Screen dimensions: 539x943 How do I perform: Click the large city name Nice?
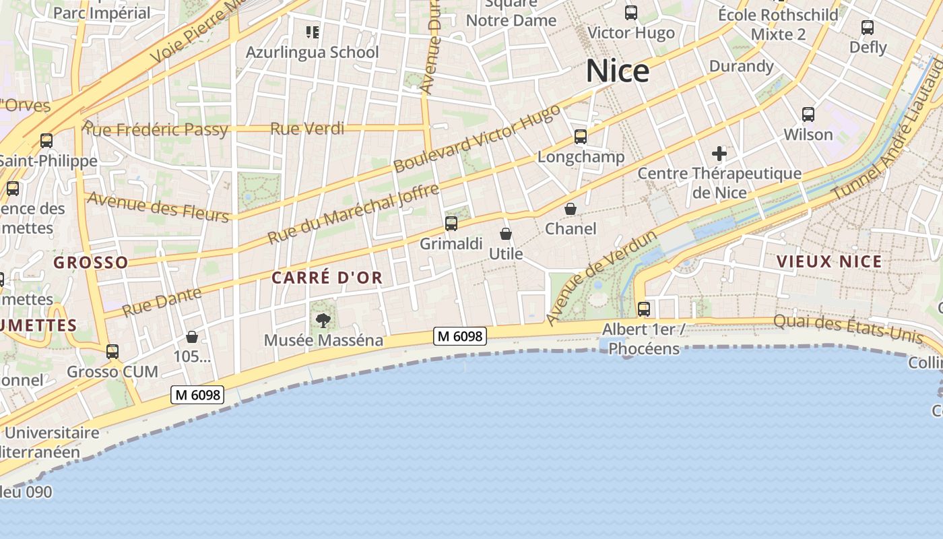pos(617,71)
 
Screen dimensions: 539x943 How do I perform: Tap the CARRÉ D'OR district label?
pos(327,277)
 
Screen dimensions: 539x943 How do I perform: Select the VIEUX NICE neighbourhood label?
pos(828,261)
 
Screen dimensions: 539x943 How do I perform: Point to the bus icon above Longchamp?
pos(581,137)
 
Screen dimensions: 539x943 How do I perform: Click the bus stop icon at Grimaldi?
pos(451,224)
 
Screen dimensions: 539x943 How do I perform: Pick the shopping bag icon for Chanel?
pos(571,209)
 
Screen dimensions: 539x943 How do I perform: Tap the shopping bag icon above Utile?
pos(506,234)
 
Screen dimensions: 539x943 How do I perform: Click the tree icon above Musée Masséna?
pos(323,320)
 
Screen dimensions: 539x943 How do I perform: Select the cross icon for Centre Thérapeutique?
pos(719,154)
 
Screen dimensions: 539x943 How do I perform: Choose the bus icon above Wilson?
pos(808,115)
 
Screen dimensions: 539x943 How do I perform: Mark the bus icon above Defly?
pos(868,28)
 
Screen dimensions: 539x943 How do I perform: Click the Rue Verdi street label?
pos(307,128)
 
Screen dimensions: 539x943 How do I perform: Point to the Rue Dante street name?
pos(162,302)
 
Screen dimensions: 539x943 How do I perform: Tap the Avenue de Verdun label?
pos(601,278)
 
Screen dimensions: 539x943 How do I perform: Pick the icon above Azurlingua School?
pos(312,32)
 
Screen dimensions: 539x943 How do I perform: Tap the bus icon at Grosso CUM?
pos(112,352)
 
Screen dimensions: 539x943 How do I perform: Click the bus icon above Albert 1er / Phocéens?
pos(644,309)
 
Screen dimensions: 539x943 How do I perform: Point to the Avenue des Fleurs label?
pos(158,206)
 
